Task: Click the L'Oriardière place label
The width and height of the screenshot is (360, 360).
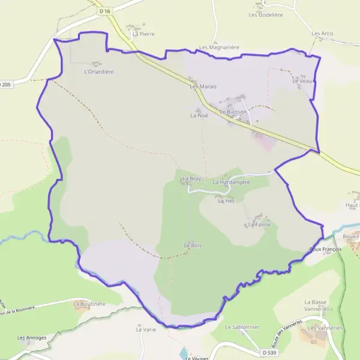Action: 99,71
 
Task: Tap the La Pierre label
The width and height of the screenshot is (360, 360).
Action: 144,34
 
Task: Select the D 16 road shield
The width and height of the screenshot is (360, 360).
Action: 106,11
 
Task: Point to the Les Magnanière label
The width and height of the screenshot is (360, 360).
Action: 219,47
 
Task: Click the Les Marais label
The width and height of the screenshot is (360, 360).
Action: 203,86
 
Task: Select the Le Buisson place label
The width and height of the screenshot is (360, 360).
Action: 233,112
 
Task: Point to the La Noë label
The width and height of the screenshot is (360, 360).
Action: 199,116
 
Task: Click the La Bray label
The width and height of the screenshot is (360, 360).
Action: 191,179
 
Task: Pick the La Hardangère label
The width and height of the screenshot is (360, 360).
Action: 231,182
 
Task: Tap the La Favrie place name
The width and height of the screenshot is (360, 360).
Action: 259,224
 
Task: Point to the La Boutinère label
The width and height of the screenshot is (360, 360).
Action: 89,304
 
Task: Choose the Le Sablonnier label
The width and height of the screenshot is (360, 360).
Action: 242,327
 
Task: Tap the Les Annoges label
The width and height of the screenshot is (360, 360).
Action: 32,338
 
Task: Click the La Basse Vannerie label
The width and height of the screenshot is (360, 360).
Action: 323,305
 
